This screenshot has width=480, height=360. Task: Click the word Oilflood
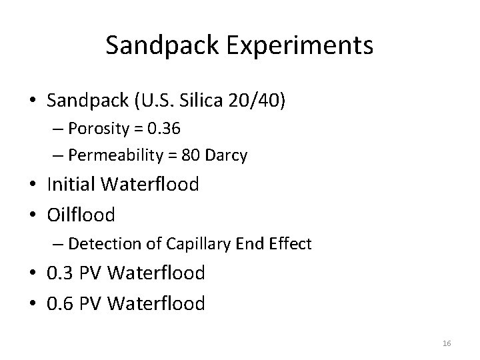tap(81, 214)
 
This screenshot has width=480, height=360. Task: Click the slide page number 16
tap(447, 342)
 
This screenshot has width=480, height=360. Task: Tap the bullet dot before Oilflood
tap(34, 215)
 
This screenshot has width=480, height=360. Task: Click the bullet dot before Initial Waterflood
tap(34, 185)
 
